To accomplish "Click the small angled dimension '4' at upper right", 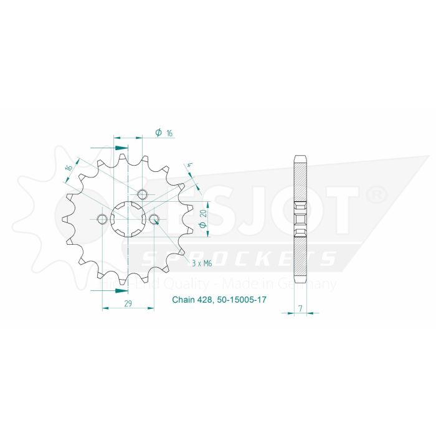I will tap(187, 166).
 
